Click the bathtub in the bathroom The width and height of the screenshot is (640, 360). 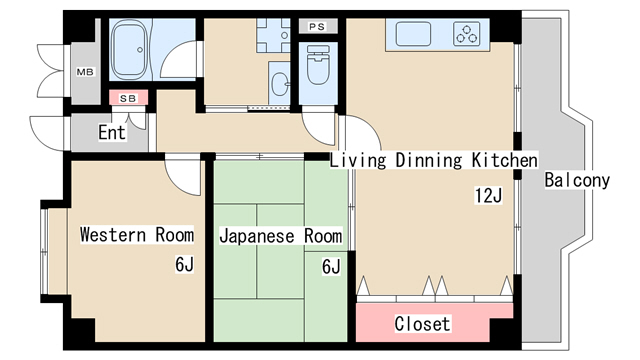(129, 50)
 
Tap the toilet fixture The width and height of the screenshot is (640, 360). (318, 65)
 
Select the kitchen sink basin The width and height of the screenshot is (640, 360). (413, 34)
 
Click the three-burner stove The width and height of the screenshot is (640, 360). (467, 34)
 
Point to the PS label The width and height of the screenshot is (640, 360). (317, 27)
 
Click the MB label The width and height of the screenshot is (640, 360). (85, 72)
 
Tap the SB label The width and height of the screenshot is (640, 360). (128, 98)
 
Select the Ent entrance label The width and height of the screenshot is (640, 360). (111, 132)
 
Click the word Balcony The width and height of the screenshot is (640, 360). (577, 180)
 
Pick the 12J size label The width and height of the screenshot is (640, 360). (488, 196)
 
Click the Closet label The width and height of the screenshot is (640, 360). (422, 324)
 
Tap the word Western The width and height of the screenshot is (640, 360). (113, 235)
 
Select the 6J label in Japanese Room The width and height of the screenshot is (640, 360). (331, 267)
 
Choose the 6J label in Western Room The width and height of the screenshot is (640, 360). (184, 264)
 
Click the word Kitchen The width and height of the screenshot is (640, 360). (505, 160)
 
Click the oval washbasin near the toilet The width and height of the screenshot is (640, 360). (280, 84)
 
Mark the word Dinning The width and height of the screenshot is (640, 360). (429, 160)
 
